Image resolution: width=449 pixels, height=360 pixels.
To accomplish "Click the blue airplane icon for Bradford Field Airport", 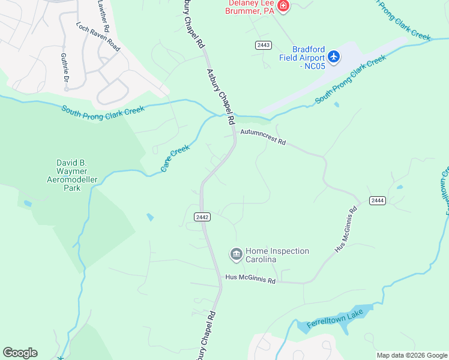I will pyautogui.click(x=334, y=57).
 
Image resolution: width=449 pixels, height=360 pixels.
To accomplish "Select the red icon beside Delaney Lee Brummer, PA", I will pyautogui.click(x=284, y=7).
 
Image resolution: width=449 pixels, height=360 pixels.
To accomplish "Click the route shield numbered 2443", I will pyautogui.click(x=263, y=45).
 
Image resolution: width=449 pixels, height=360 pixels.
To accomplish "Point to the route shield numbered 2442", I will pyautogui.click(x=202, y=217).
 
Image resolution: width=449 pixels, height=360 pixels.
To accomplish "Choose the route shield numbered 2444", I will pyautogui.click(x=377, y=200).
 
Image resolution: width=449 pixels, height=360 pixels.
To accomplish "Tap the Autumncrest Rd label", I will pyautogui.click(x=263, y=138).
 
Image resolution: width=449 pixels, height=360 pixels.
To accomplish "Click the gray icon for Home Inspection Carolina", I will pyautogui.click(x=236, y=255).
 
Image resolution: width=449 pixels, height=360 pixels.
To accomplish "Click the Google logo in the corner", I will pyautogui.click(x=20, y=353).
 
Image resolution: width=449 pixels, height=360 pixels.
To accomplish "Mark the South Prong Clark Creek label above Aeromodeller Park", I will pyautogui.click(x=103, y=110).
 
